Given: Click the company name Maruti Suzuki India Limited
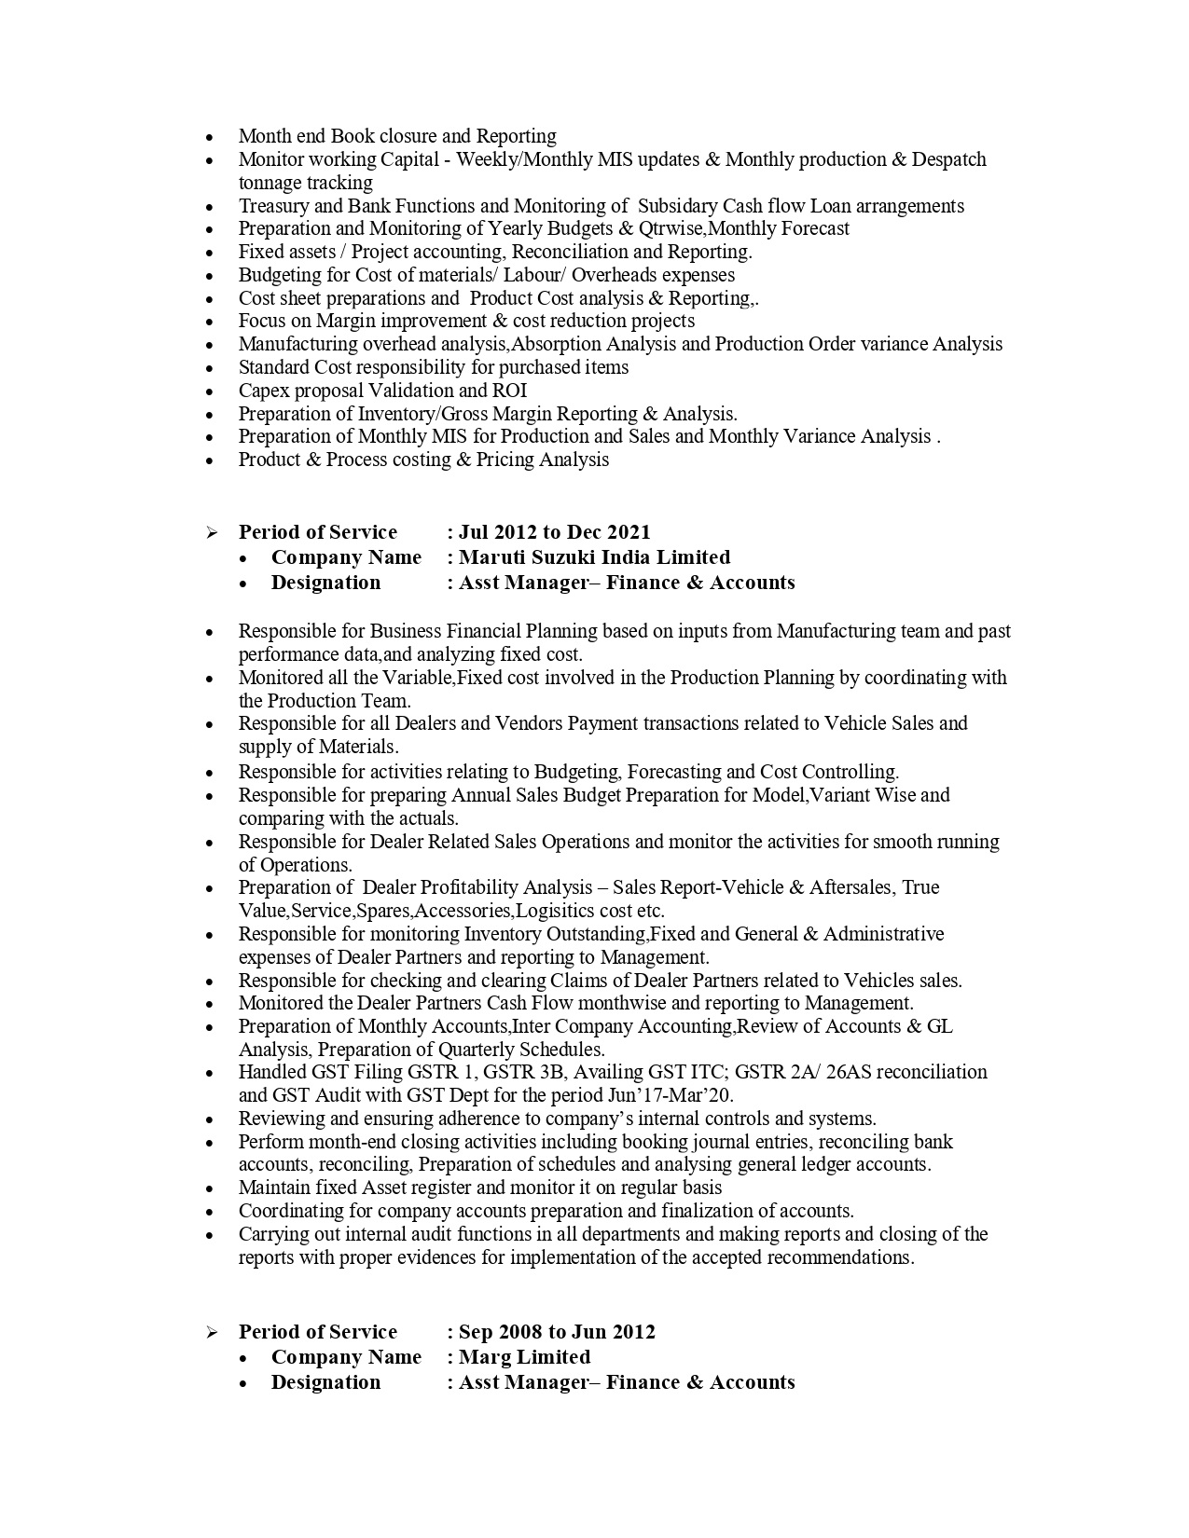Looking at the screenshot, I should pos(594,557).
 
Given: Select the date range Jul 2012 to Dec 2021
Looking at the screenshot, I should pos(555,532).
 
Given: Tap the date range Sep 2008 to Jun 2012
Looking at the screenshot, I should pos(557,1332).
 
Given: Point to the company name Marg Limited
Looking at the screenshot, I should pos(524,1357).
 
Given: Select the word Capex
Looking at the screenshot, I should pos(264,391).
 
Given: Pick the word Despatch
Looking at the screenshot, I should pos(948,159).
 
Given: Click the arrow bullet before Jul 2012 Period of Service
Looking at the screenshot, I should pos(212,532).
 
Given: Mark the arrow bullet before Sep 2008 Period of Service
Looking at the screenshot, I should pos(212,1332).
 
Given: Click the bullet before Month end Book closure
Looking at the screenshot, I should pos(212,137).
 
